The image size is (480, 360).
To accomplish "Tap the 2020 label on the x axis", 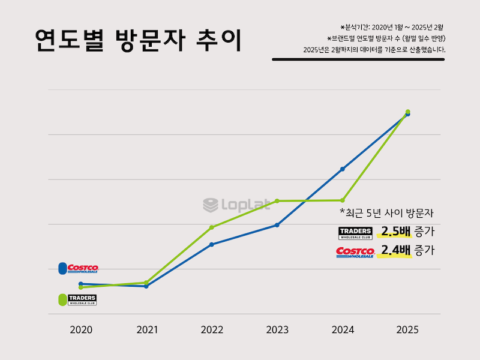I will click(x=81, y=330).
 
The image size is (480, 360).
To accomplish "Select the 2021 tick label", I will click(x=146, y=330).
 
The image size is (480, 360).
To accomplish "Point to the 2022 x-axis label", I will click(x=212, y=330).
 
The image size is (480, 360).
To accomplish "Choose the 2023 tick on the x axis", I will click(x=277, y=330).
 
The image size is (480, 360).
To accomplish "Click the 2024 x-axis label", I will click(x=343, y=330).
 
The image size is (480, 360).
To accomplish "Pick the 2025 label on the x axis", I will click(x=407, y=330).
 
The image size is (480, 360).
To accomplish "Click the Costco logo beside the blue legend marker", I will click(x=83, y=268).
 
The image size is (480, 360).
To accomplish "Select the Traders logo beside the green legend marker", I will click(x=82, y=299).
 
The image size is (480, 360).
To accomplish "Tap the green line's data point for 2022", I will click(x=212, y=227).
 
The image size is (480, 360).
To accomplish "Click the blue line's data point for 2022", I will click(x=212, y=244).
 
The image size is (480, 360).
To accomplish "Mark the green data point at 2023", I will click(x=277, y=201).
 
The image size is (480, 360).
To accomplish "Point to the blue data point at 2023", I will click(x=277, y=225).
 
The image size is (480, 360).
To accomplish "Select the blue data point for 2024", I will click(x=343, y=169).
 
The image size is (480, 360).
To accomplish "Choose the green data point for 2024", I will click(x=343, y=200).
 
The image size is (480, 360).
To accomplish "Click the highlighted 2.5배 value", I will click(x=394, y=232).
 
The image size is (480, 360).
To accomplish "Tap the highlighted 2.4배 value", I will click(x=394, y=251).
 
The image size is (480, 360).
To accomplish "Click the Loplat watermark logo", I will click(x=236, y=205).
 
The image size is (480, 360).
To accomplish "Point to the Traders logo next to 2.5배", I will click(x=356, y=233).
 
